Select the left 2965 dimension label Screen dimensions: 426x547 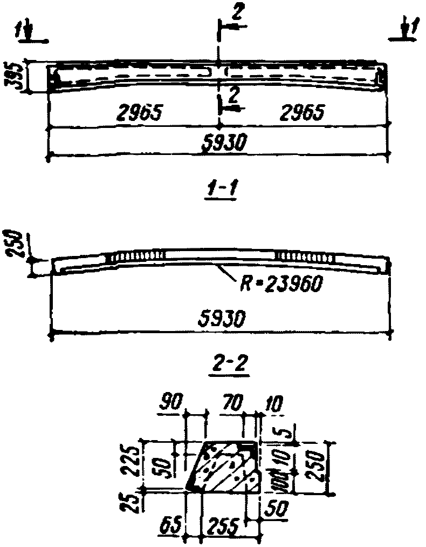[139, 112]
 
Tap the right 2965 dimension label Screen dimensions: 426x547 [304, 112]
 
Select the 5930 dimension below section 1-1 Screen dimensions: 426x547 [222, 318]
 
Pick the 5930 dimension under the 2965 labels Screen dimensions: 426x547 [222, 144]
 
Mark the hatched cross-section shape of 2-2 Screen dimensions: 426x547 [224, 467]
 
